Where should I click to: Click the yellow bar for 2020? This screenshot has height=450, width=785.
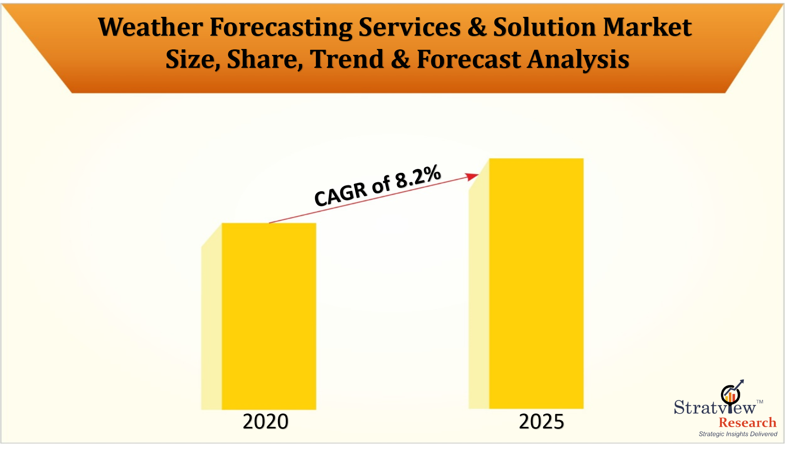point(269,316)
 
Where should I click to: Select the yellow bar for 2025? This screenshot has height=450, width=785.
point(536,283)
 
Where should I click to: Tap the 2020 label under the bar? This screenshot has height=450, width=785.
point(265,422)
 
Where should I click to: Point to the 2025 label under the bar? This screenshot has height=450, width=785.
point(541,422)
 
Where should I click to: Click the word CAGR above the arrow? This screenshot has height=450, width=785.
point(341,195)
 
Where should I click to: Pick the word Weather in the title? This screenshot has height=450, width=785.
point(150,27)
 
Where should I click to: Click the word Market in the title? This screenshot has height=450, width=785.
point(647,27)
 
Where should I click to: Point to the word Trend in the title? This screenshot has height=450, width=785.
point(347,59)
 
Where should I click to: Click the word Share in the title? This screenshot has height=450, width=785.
point(265,60)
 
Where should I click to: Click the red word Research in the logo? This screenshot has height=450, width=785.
point(747,423)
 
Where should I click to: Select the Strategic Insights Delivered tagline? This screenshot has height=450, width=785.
point(738,434)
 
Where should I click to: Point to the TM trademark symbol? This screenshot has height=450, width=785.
point(760,402)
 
